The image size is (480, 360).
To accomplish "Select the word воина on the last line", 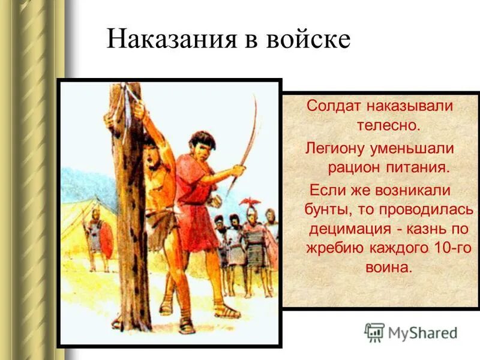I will pos(389,268).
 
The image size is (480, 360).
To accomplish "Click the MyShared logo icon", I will pos(375,332).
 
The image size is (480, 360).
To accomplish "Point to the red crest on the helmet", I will pos(250,202).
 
